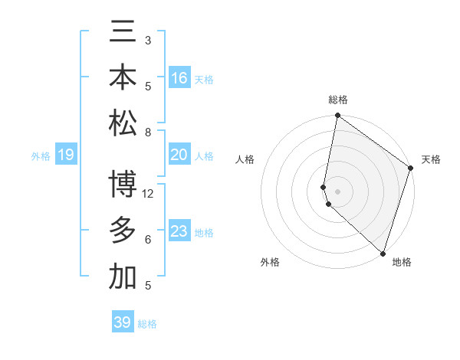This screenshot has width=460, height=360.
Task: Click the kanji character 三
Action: pos(123,34)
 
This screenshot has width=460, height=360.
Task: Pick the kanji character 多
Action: pos(123,230)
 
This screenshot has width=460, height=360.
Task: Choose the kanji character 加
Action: pos(123,277)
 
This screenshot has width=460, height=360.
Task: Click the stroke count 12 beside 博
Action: pos(148,194)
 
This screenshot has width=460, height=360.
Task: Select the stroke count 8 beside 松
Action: pos(148,133)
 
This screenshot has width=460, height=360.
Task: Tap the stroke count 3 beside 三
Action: pos(148,40)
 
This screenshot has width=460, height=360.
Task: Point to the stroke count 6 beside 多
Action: pos(148,240)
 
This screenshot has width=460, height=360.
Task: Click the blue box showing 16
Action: pos(179,78)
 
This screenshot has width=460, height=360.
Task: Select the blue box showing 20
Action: pos(179,155)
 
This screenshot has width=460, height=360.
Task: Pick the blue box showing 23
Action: pos(179,231)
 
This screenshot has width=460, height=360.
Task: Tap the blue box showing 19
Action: pos(66,155)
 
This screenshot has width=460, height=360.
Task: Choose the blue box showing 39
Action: pos(123,322)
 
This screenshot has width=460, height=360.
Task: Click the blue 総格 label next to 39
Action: pos(147,324)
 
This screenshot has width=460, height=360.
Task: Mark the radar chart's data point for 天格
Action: pos(411,169)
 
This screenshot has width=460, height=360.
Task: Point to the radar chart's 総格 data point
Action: pos(337,116)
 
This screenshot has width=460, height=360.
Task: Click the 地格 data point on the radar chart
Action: pos(383,253)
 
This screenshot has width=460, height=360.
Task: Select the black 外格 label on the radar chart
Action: pos(270,262)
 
